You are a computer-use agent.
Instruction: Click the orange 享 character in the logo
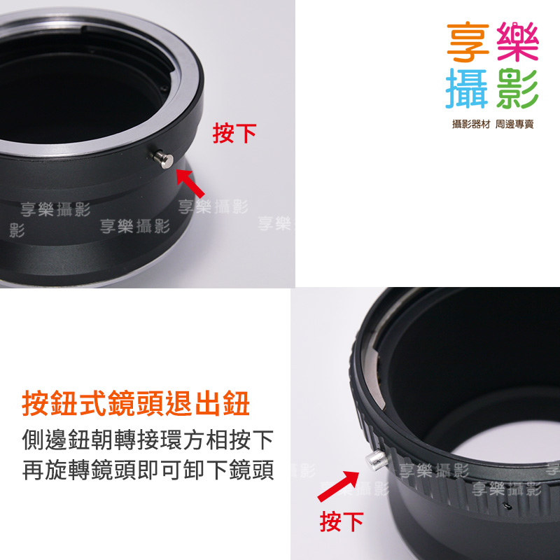pyautogui.click(x=468, y=42)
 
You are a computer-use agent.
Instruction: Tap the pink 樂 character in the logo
pyautogui.click(x=517, y=41)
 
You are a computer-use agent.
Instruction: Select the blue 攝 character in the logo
pyautogui.click(x=467, y=88)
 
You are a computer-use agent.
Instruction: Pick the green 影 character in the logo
pyautogui.click(x=517, y=89)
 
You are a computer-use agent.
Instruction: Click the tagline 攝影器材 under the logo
pyautogui.click(x=471, y=124)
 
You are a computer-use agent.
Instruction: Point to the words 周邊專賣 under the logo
pyautogui.click(x=514, y=124)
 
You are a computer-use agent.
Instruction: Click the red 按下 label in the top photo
pyautogui.click(x=234, y=133)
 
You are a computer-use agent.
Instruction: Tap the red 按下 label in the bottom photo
pyautogui.click(x=342, y=521)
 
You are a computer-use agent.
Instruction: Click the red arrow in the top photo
pyautogui.click(x=190, y=183)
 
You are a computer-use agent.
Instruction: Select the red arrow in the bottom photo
pyautogui.click(x=338, y=486)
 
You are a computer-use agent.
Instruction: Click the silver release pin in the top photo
pyautogui.click(x=164, y=160)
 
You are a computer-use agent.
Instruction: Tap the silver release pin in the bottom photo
pyautogui.click(x=377, y=460)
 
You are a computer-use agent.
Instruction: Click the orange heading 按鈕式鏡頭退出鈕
pyautogui.click(x=136, y=404)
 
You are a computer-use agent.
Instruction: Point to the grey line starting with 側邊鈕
pyautogui.click(x=148, y=440)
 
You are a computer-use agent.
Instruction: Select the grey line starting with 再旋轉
pyautogui.click(x=148, y=470)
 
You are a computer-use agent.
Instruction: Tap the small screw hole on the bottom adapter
pyautogui.click(x=505, y=506)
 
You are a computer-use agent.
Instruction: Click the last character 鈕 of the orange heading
pyautogui.click(x=236, y=404)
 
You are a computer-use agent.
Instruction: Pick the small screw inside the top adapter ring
pyautogui.click(x=163, y=87)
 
